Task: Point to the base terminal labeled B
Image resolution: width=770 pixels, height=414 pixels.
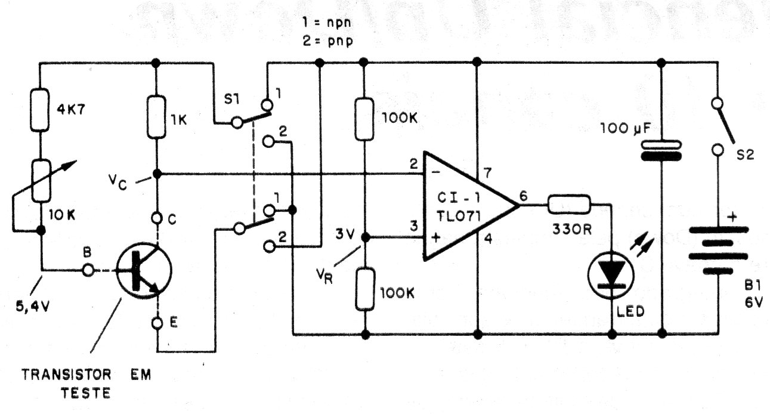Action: point(88,270)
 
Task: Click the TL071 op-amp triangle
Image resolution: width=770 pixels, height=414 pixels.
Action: point(466,206)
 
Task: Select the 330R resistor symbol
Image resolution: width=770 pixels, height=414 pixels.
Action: point(570,205)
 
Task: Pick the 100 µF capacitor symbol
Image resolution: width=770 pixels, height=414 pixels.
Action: point(661,149)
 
